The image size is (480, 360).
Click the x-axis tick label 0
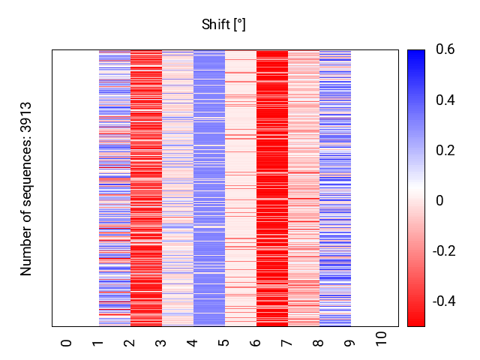pyautogui.click(x=67, y=343)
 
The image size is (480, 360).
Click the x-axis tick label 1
pyautogui.click(x=98, y=343)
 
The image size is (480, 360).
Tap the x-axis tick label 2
pyautogui.click(x=130, y=343)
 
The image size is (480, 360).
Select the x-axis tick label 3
pyautogui.click(x=161, y=343)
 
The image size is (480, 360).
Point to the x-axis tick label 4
pyautogui.click(x=193, y=343)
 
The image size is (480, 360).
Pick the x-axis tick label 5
pyautogui.click(x=224, y=343)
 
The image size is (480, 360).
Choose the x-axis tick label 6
pyautogui.click(x=256, y=343)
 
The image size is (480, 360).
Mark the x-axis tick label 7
pyautogui.click(x=287, y=343)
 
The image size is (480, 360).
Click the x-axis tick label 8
pyautogui.click(x=319, y=343)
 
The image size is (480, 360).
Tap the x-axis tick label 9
pyautogui.click(x=350, y=343)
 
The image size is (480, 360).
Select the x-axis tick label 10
pyautogui.click(x=382, y=339)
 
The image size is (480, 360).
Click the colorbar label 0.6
pyautogui.click(x=445, y=50)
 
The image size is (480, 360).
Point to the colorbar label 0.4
pyautogui.click(x=445, y=100)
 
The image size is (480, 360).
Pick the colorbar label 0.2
pyautogui.click(x=445, y=151)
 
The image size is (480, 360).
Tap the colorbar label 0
pyautogui.click(x=439, y=201)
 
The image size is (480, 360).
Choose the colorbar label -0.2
pyautogui.click(x=446, y=250)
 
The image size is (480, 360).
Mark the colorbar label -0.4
pyautogui.click(x=446, y=301)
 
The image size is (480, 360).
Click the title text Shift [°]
pyautogui.click(x=223, y=25)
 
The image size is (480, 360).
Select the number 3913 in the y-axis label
pyautogui.click(x=27, y=117)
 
